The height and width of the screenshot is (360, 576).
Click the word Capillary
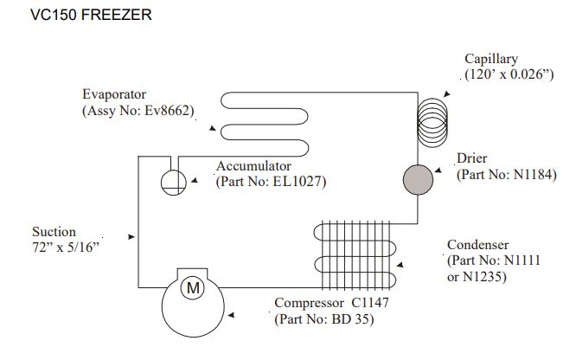pos(490,59)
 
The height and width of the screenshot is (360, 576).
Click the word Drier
pos(472,158)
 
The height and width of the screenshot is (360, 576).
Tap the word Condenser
pos(477,244)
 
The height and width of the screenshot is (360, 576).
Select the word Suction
pos(54,232)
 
